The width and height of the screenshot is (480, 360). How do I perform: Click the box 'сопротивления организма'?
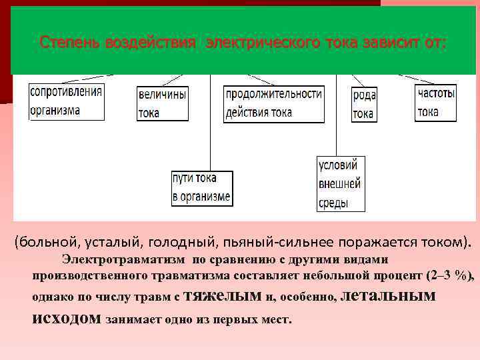[x=66, y=101]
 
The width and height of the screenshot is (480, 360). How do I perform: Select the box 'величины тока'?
[x=162, y=103]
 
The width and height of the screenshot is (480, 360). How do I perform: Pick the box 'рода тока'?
[x=364, y=104]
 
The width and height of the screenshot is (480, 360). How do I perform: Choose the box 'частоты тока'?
[x=437, y=103]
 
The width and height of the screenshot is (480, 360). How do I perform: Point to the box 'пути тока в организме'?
[x=201, y=187]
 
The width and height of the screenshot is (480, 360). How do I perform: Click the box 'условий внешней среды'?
[x=339, y=183]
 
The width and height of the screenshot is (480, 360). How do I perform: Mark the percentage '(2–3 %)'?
[x=445, y=275]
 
